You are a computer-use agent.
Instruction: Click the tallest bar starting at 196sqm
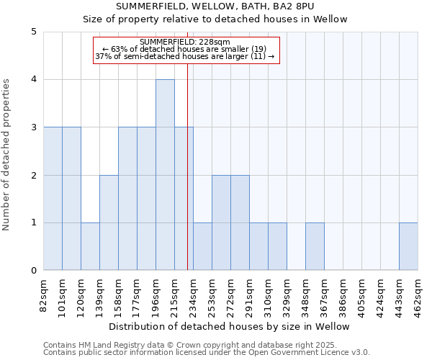(x=165, y=175)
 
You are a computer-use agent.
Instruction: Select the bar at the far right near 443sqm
(x=408, y=246)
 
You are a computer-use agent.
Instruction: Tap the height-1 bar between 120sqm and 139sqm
(x=90, y=246)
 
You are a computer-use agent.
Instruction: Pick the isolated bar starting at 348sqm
(x=315, y=246)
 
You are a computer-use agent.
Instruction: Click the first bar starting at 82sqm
(x=53, y=199)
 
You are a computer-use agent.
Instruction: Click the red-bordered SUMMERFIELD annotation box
(x=186, y=50)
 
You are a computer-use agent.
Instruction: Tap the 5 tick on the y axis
(x=34, y=32)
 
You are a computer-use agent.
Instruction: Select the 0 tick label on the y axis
(x=34, y=271)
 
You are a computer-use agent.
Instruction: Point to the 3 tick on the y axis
(x=34, y=127)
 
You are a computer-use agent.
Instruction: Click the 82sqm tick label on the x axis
(x=44, y=294)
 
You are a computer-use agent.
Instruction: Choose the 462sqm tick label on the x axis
(x=418, y=294)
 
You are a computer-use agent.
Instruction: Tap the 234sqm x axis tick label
(x=194, y=294)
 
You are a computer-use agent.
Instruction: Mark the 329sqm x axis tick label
(x=287, y=294)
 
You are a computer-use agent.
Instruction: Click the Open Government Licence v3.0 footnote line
(x=207, y=353)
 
